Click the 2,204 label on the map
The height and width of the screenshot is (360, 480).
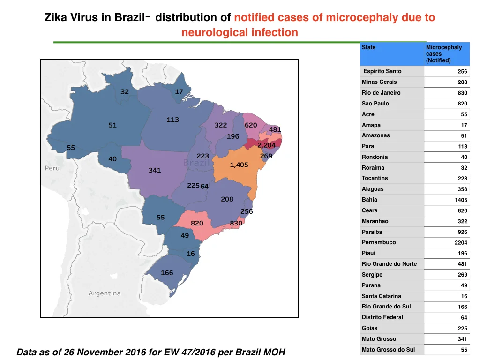click(x=266, y=145)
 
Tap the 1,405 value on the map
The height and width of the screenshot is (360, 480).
click(x=239, y=165)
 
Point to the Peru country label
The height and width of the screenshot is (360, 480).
click(x=52, y=168)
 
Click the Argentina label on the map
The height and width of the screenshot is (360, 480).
click(x=105, y=293)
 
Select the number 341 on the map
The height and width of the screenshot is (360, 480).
click(x=155, y=170)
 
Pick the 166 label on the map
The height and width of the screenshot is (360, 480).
click(x=167, y=273)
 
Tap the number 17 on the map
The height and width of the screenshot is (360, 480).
click(x=179, y=92)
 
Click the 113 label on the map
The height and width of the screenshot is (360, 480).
click(x=172, y=120)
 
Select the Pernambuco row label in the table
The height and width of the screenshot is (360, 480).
click(x=379, y=242)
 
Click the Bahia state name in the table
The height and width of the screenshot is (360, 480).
click(x=369, y=200)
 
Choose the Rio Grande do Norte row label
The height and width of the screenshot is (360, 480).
click(x=389, y=264)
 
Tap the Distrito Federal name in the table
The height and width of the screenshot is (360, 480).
click(x=382, y=317)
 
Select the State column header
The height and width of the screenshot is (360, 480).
click(x=368, y=47)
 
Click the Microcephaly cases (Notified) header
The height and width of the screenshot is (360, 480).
click(x=444, y=54)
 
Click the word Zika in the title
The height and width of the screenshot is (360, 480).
click(x=55, y=17)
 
